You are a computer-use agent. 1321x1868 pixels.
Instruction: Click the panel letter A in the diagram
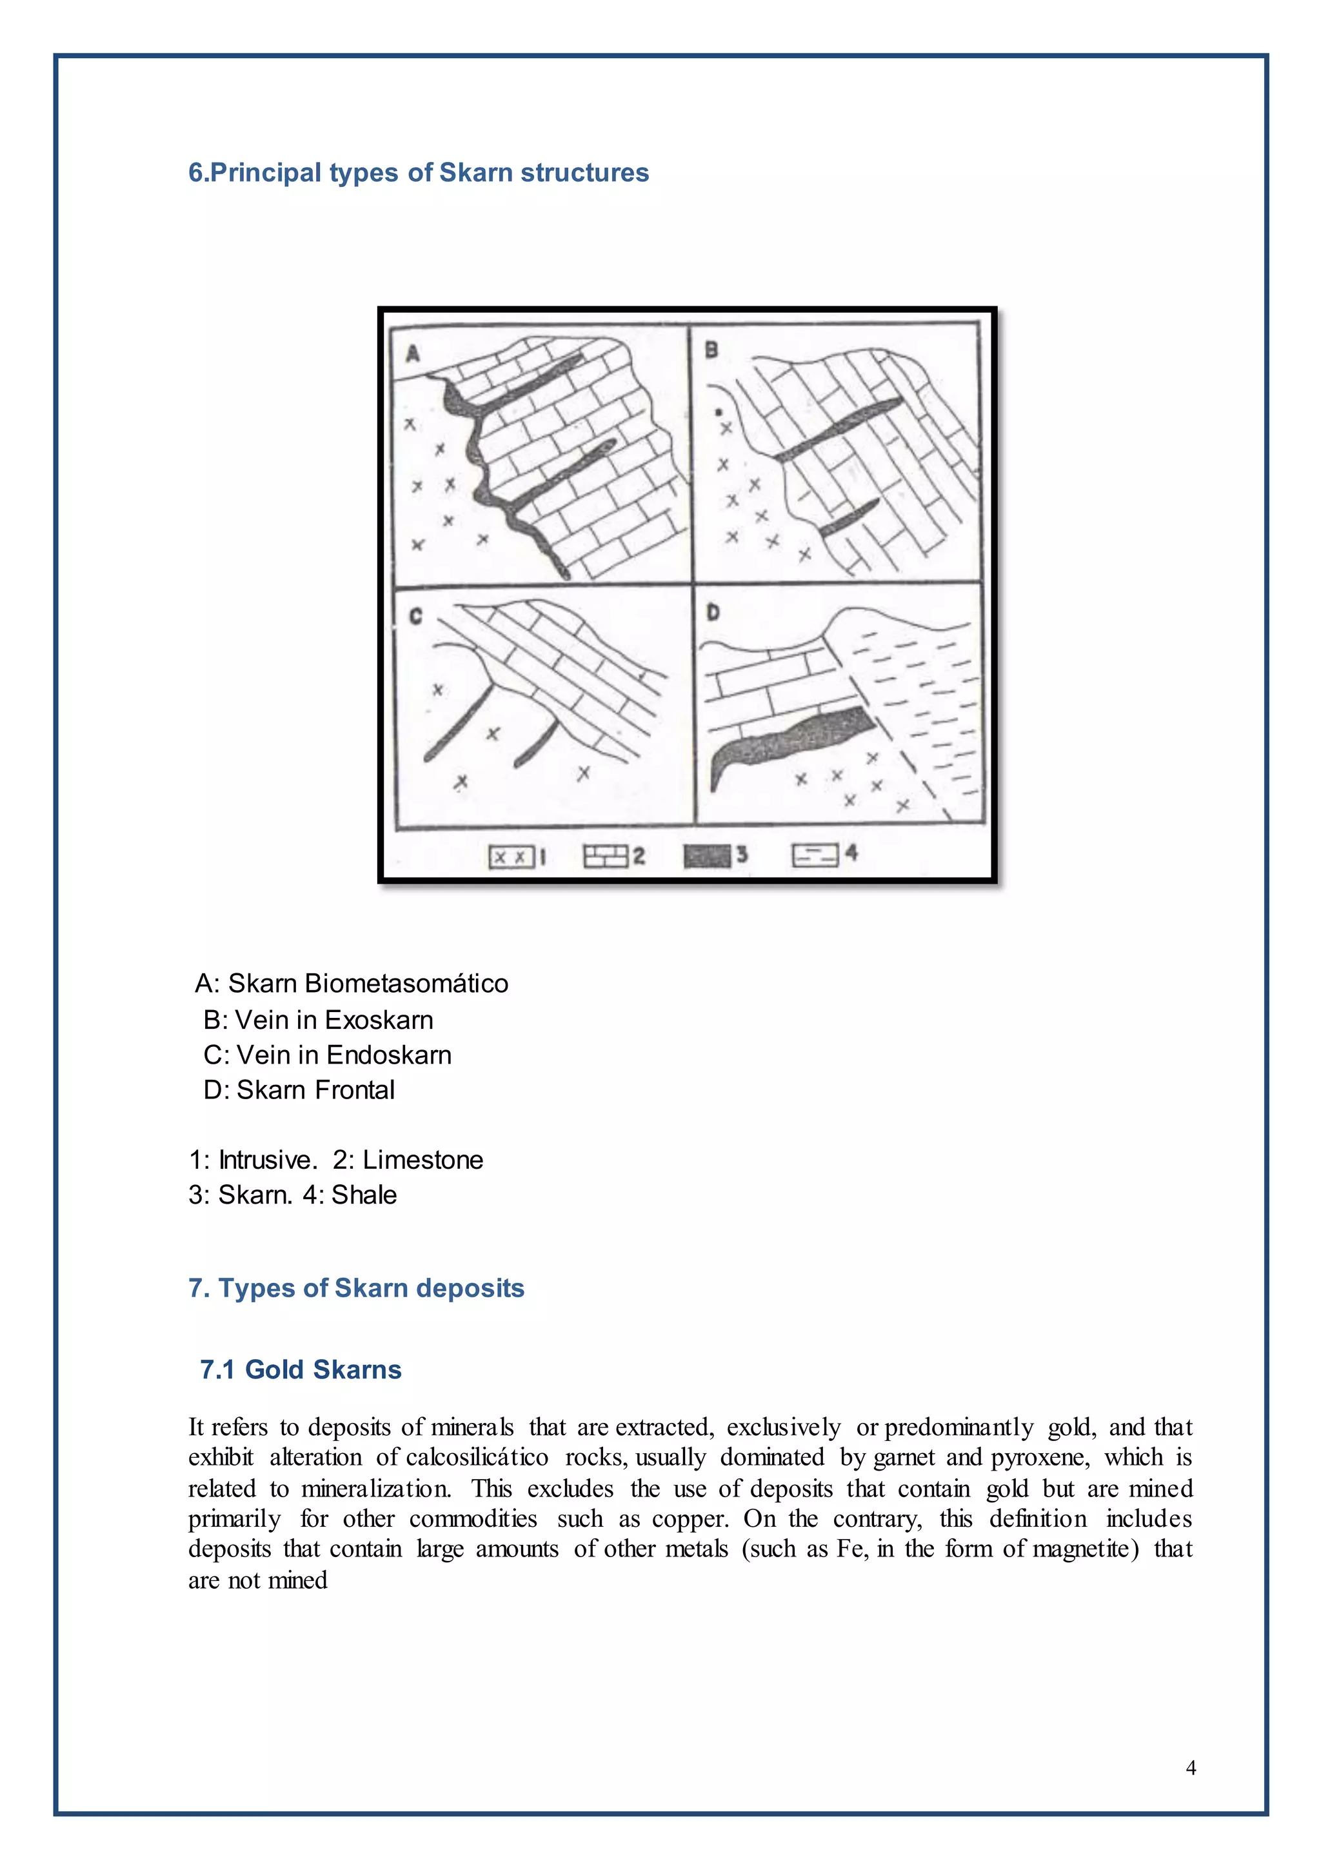412,354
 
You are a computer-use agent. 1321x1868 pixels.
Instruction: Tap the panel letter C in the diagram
415,616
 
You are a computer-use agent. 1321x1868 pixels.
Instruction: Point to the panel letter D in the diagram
713,612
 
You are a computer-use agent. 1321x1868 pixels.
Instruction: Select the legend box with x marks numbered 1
511,857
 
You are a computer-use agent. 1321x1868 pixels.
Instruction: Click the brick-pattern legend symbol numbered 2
606,856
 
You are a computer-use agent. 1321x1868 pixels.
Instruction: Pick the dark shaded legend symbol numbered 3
707,856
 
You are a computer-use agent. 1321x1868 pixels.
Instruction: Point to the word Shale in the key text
364,1195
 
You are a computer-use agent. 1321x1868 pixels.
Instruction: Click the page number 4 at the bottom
1191,1767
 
